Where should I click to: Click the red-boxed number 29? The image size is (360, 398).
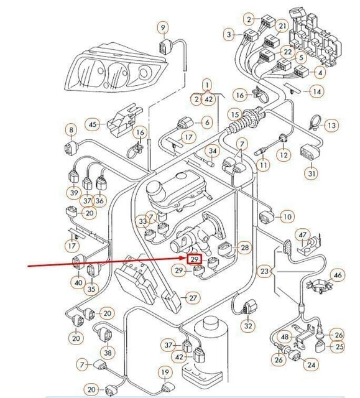pos(194,259)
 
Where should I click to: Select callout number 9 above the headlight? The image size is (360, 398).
pos(163,27)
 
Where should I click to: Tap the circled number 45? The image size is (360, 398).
pos(93,124)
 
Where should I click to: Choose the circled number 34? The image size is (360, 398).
pos(213,151)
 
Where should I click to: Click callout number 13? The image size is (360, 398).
pos(331,126)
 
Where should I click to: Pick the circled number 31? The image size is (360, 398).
pos(312,173)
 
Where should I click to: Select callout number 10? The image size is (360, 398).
pos(287,216)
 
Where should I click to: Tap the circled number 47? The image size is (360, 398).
pos(303,235)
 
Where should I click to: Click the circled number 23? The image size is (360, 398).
pos(265,271)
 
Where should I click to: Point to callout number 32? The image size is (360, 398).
pos(248,325)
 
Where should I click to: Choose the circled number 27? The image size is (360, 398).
pos(193,298)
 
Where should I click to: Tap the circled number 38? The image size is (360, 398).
pos(108,353)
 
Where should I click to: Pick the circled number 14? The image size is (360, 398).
pos(317,91)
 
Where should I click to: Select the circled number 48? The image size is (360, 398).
pos(285,336)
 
